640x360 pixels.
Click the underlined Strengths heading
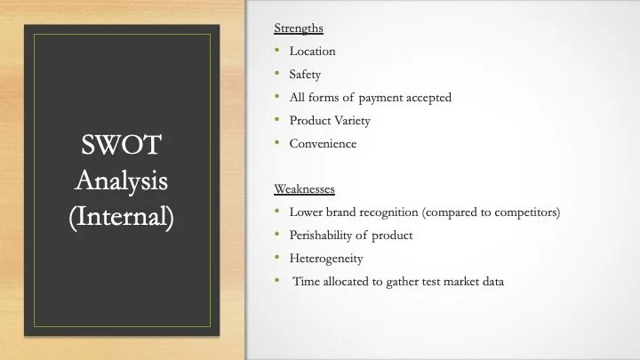[299, 28]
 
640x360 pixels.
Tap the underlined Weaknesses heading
[304, 189]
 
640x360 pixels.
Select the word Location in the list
[312, 51]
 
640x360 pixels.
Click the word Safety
[305, 75]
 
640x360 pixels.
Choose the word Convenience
[323, 144]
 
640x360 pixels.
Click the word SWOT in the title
[121, 145]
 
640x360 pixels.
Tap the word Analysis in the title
[121, 180]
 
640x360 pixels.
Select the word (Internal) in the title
[121, 216]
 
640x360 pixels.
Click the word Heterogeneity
[326, 259]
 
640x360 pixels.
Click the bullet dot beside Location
[277, 50]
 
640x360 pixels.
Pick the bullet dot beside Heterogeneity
[277, 257]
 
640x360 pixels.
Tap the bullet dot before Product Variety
[277, 119]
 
